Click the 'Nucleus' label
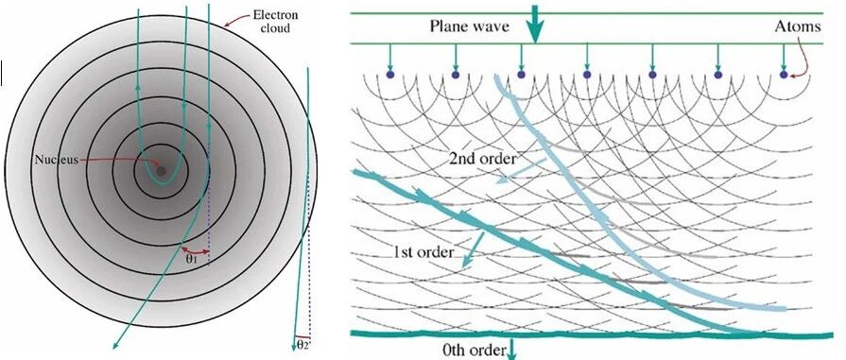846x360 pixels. click(57, 160)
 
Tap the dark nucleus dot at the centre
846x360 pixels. click(161, 171)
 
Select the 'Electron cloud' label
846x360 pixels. click(275, 21)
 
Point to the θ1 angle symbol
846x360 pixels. click(192, 258)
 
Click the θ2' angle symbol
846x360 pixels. click(303, 346)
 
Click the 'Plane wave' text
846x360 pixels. click(470, 26)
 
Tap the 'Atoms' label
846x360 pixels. click(798, 26)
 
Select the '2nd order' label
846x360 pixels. click(482, 158)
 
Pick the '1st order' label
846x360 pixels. click(423, 252)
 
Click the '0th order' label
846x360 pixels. click(474, 351)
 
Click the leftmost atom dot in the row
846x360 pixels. click(390, 75)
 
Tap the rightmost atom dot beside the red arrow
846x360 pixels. click(784, 75)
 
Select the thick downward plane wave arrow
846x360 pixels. click(535, 24)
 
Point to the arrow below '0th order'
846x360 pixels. click(511, 348)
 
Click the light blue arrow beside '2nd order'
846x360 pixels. click(521, 172)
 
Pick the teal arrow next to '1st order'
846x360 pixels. click(473, 249)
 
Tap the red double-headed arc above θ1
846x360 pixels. click(196, 250)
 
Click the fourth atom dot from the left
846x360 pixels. click(587, 75)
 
